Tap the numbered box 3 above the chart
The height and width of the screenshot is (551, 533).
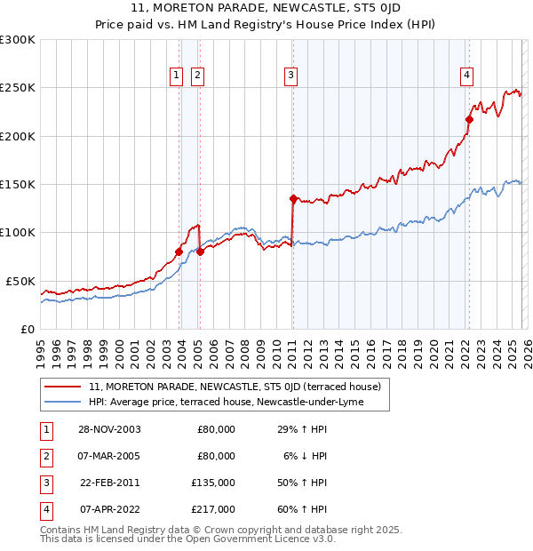point(290,76)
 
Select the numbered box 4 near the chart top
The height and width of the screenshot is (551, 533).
point(466,76)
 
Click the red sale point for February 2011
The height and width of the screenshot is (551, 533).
point(293,198)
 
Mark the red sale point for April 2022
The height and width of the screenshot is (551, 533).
point(469,119)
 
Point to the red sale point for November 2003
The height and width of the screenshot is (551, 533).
point(179,252)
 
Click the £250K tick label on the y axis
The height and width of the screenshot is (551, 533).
point(18,88)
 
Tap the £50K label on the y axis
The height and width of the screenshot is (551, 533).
point(20,281)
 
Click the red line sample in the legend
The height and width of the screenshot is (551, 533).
point(63,387)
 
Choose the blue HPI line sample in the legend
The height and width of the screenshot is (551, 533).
point(63,402)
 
